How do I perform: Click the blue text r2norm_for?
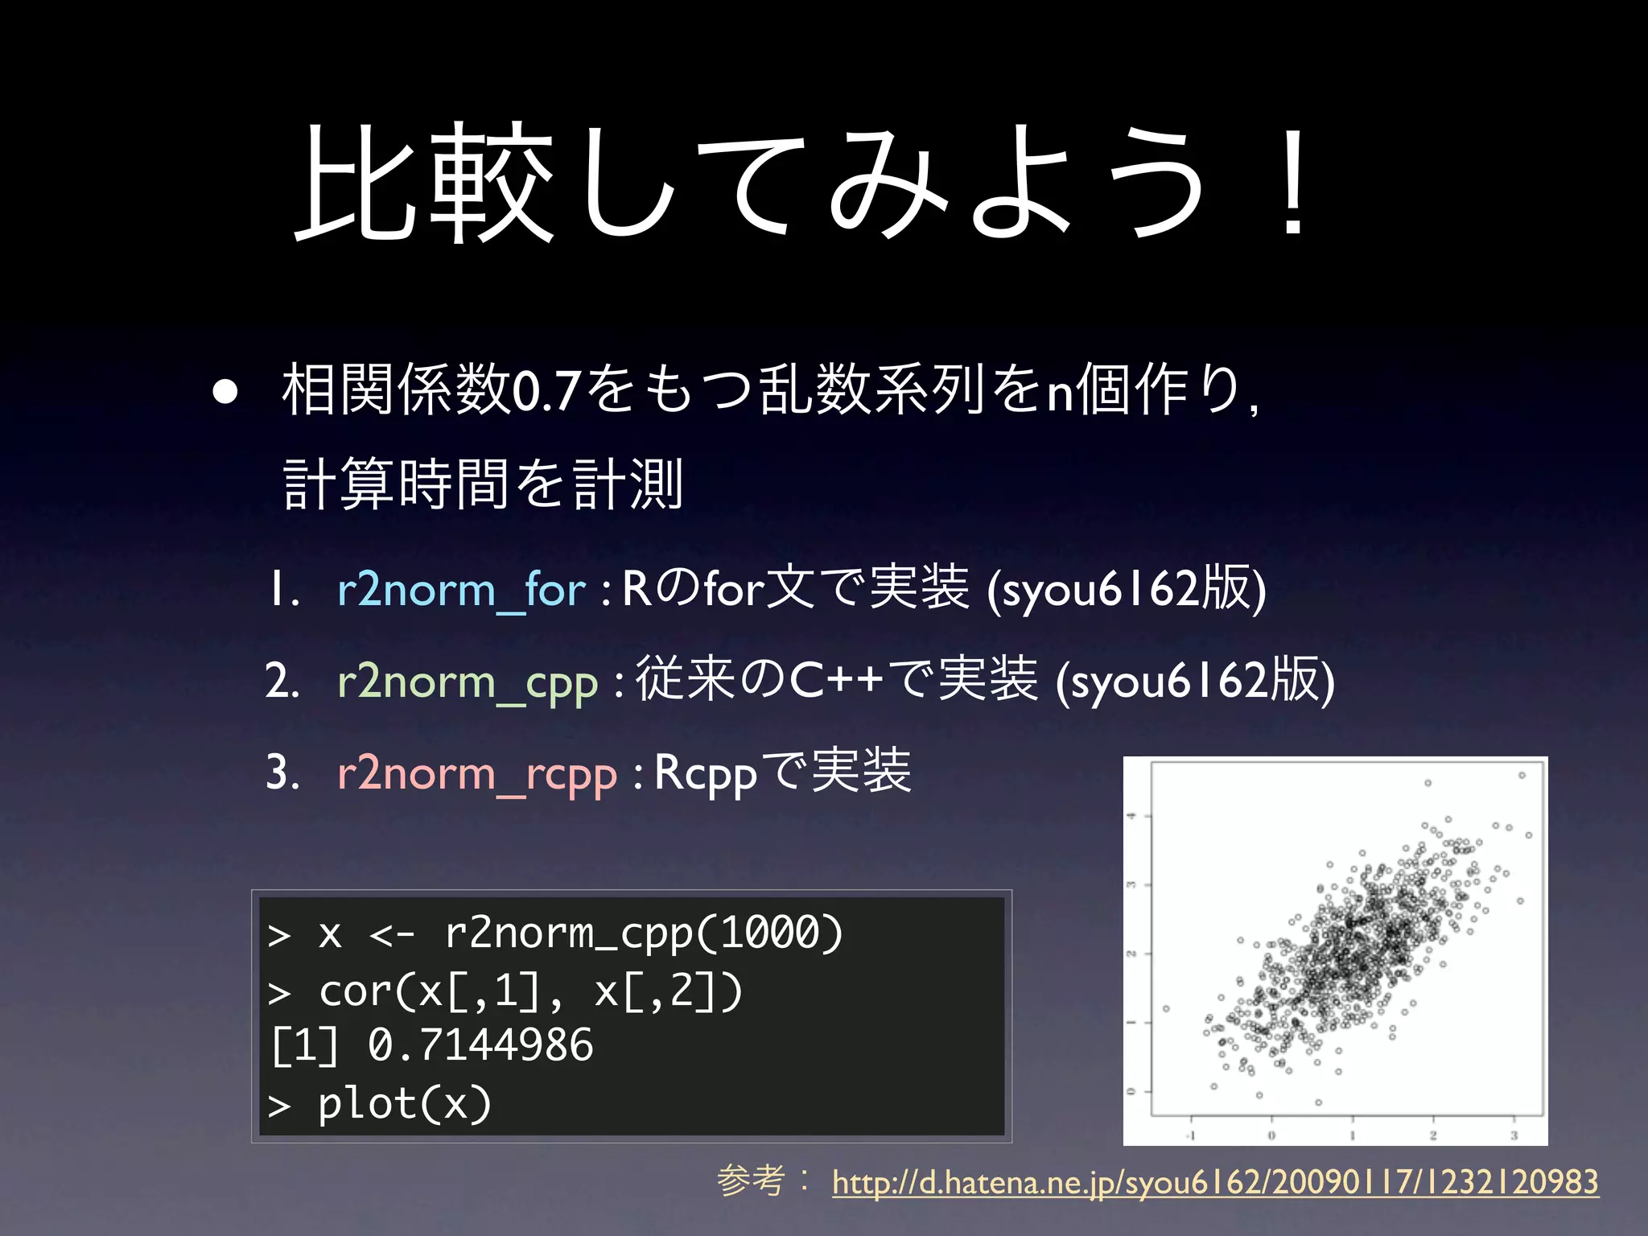pyautogui.click(x=461, y=590)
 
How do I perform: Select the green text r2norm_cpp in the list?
pyautogui.click(x=468, y=682)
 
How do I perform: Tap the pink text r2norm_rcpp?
pyautogui.click(x=476, y=773)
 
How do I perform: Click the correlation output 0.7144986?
pyautogui.click(x=480, y=1045)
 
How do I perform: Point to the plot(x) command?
pyautogui.click(x=404, y=1103)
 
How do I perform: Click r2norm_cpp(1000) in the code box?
pyautogui.click(x=643, y=933)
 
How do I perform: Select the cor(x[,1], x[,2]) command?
pyautogui.click(x=529, y=991)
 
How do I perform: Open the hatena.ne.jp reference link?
pyautogui.click(x=1215, y=1182)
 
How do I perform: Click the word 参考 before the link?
pyautogui.click(x=751, y=1180)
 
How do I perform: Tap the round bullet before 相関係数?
pyautogui.click(x=225, y=391)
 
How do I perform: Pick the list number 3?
pyautogui.click(x=277, y=773)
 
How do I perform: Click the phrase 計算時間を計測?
pyautogui.click(x=484, y=484)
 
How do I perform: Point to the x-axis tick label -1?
pyautogui.click(x=1191, y=1135)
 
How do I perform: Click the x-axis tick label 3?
pyautogui.click(x=1514, y=1135)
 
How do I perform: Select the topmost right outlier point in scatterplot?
pyautogui.click(x=1522, y=776)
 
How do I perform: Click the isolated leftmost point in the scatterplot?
pyautogui.click(x=1166, y=1008)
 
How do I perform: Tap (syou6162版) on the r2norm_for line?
pyautogui.click(x=1127, y=590)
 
